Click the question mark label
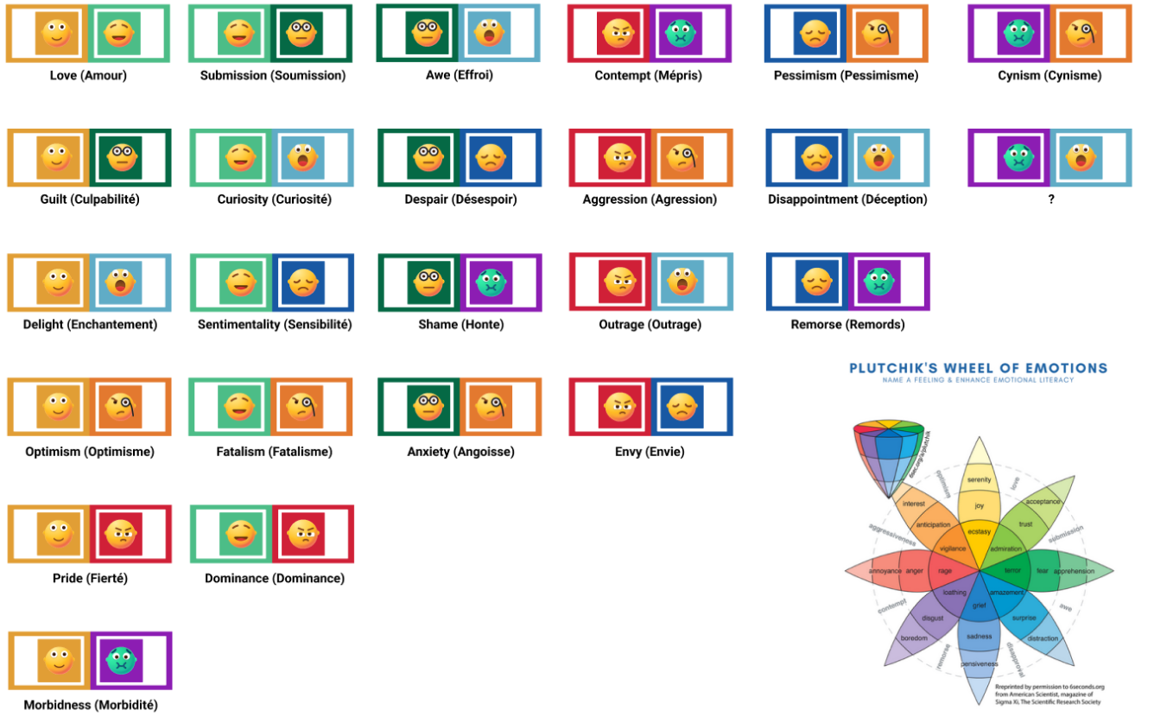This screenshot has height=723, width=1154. coord(1050,200)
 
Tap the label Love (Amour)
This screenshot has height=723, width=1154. coord(88,75)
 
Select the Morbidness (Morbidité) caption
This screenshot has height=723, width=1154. coord(91,705)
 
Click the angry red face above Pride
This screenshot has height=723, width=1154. coord(124,534)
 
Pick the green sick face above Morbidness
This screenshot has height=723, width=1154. coord(124,661)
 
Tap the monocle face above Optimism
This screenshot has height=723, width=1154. coord(124,407)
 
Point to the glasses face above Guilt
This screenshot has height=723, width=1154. coord(124,158)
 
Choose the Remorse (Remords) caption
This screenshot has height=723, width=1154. coord(847,325)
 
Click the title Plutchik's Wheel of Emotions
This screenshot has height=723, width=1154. coord(978,368)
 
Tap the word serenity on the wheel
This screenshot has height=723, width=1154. coord(979,479)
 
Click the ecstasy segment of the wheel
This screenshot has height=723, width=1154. coord(979,532)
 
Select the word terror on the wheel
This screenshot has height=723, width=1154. coord(1011,570)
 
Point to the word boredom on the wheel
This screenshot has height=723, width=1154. coord(913,638)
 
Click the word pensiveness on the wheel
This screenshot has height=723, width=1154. coord(979,663)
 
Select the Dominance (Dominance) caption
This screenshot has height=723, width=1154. coord(274,578)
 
